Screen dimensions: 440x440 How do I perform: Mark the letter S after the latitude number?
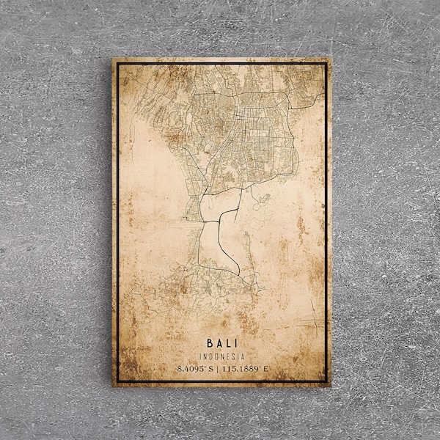(x=213, y=368)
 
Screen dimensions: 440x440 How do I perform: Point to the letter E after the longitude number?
(x=266, y=368)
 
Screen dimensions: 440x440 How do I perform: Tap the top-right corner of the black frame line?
(x=325, y=65)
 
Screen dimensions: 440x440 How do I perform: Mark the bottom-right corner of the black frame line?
(x=325, y=381)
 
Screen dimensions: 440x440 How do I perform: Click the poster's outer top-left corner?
(x=112, y=58)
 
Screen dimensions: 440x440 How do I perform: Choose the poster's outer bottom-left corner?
(x=112, y=387)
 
